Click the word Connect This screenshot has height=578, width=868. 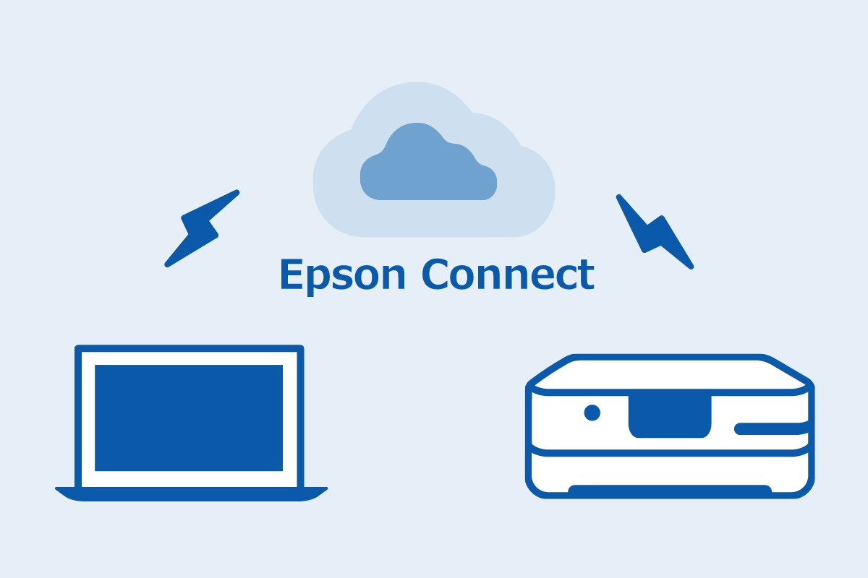coord(509,275)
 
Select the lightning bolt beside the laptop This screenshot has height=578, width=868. coord(201,228)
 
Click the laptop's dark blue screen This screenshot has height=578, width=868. coord(189,418)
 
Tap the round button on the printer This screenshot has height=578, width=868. coord(592,413)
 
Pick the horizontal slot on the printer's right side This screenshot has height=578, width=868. coord(771,429)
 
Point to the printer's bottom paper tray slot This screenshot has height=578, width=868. coord(669,490)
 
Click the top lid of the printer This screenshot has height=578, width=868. coord(669,373)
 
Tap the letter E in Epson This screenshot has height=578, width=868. coord(291,275)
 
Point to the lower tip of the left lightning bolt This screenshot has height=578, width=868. coord(169,264)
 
